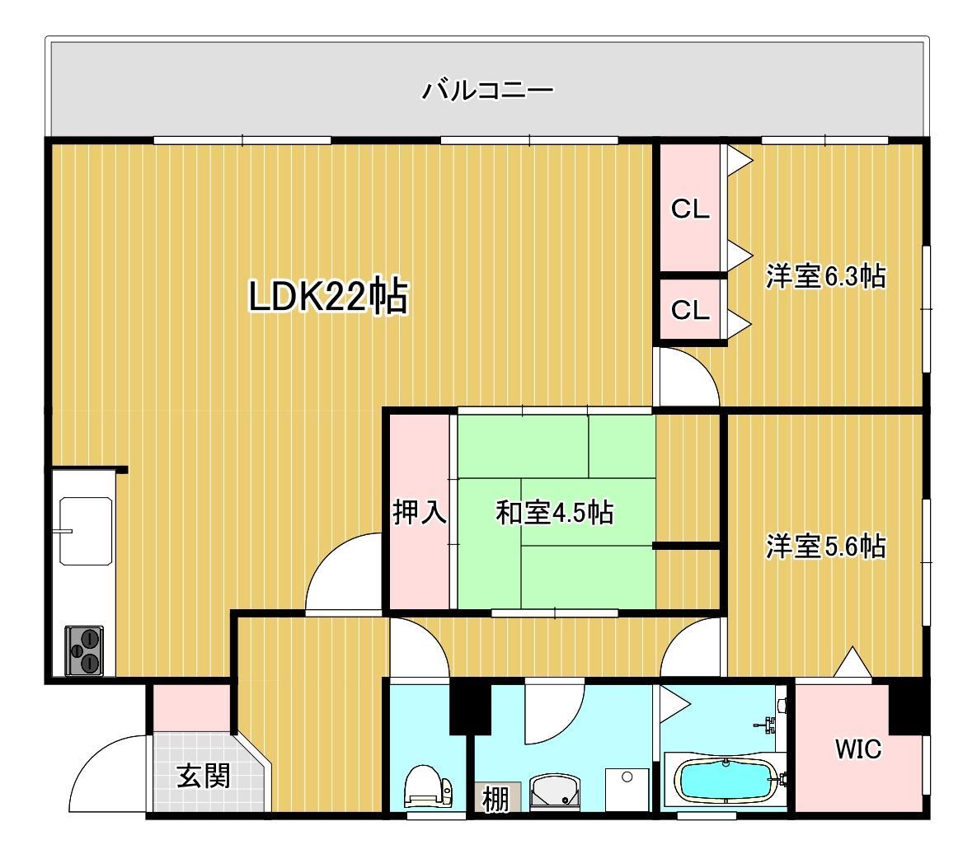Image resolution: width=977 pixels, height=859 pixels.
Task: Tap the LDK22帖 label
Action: [x=328, y=297]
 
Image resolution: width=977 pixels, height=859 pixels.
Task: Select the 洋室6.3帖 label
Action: [x=825, y=276]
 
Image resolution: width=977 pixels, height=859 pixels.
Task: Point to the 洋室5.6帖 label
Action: [x=825, y=546]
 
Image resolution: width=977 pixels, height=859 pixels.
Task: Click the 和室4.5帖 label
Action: [x=553, y=513]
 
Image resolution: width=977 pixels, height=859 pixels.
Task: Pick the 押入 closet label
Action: [x=420, y=512]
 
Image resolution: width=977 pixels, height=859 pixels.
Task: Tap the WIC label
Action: [x=857, y=749]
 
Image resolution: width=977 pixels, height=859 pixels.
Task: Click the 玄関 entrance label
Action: [x=203, y=776]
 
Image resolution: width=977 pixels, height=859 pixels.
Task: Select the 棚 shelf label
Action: [x=496, y=799]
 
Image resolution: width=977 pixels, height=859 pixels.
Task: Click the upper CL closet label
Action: [x=690, y=209]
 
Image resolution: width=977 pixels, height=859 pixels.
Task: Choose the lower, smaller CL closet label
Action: [x=690, y=310]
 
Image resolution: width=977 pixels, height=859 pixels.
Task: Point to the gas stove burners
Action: [x=85, y=650]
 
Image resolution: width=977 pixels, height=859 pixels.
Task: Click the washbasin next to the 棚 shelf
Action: [x=555, y=792]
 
